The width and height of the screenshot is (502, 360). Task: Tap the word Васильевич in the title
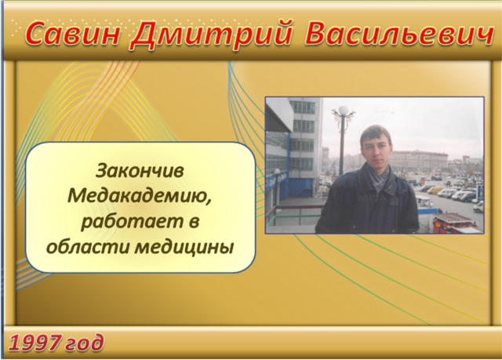coord(399,33)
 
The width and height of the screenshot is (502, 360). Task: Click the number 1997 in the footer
coord(35,343)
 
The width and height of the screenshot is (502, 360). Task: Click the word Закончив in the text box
coord(140,170)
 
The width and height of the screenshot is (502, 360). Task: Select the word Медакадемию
coord(140,196)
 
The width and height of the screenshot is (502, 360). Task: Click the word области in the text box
coord(87,247)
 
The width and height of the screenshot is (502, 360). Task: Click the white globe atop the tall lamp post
coord(344,110)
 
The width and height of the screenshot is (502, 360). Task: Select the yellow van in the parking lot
coord(436,190)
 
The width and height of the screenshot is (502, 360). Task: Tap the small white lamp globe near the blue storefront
coord(277,172)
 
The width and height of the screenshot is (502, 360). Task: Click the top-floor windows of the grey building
coord(303,107)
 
